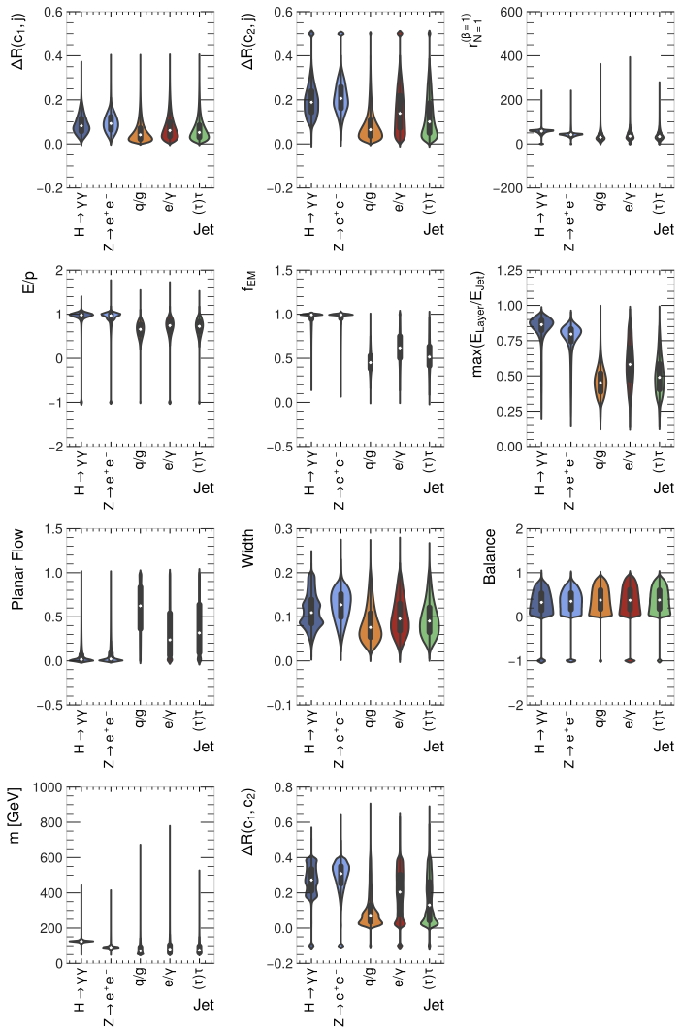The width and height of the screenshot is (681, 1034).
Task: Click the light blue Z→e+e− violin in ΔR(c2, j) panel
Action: click(x=340, y=97)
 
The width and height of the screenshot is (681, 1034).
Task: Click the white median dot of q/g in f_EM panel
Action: click(x=370, y=362)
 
